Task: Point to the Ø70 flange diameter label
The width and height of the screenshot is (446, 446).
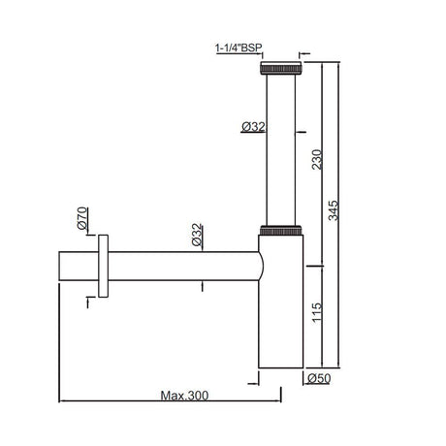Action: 83,215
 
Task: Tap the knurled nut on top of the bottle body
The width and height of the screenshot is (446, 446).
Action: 283,231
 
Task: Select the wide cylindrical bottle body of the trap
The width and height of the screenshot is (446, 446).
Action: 283,310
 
